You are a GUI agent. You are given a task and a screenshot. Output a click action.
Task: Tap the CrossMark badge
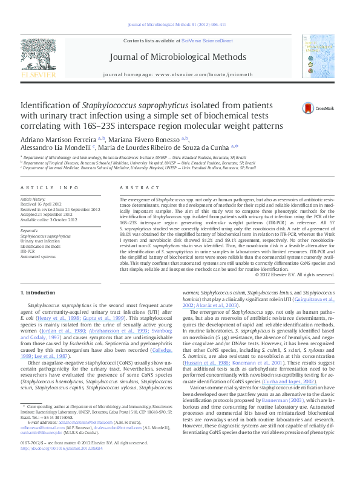pos(309,108)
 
